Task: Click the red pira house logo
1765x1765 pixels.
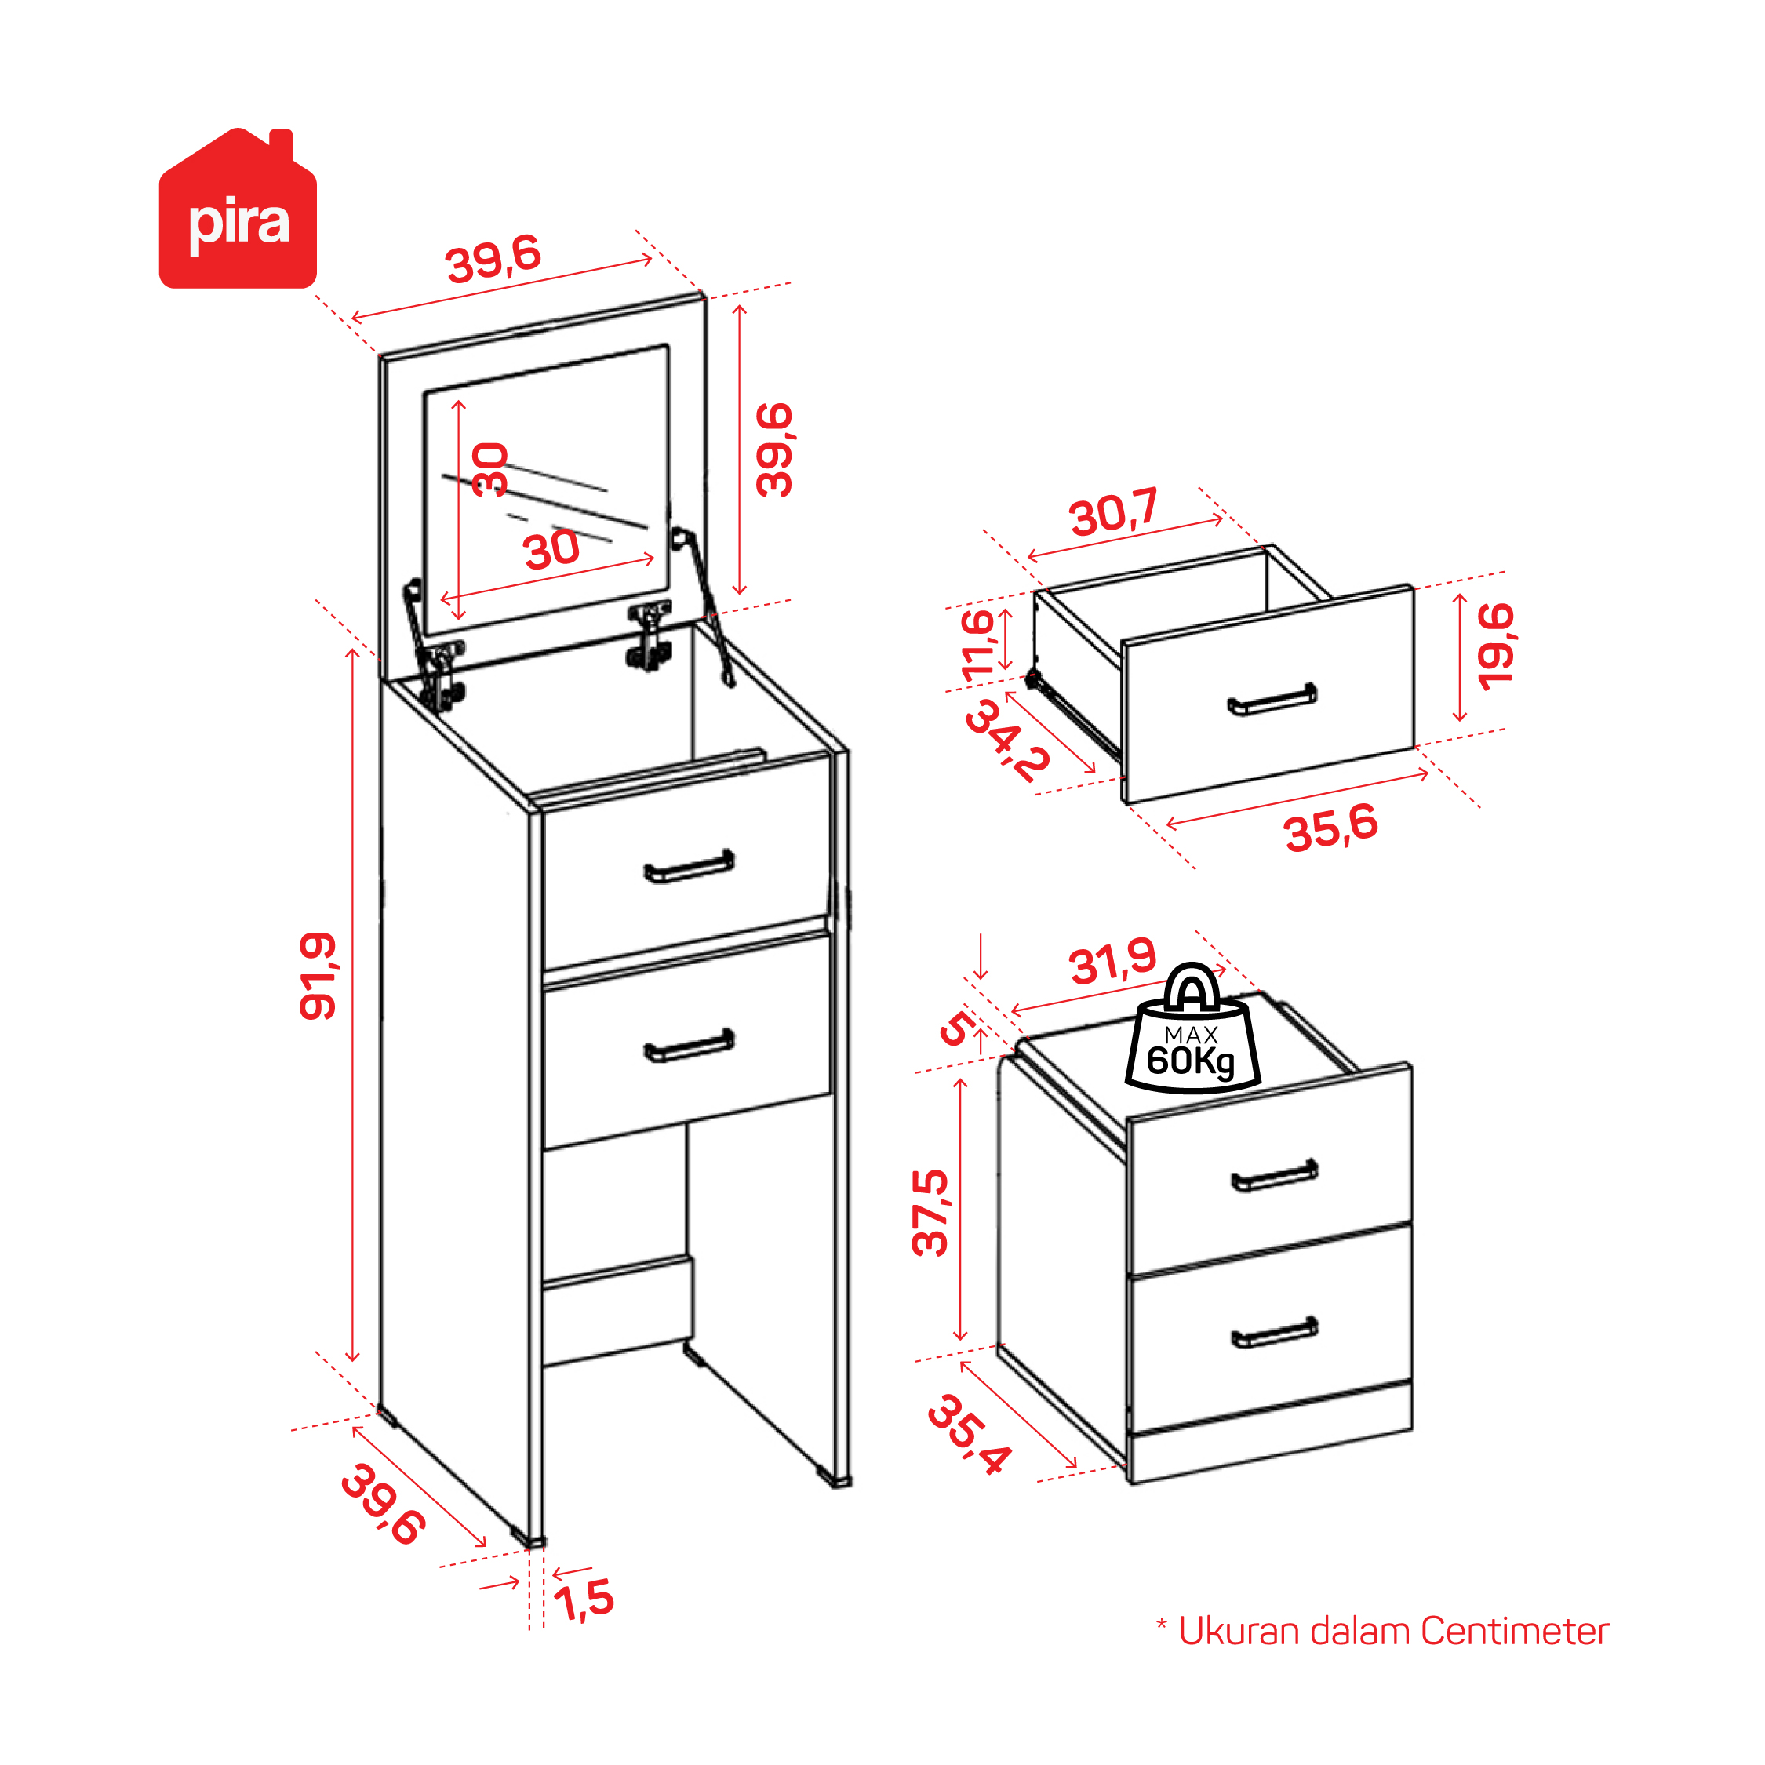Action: (x=238, y=209)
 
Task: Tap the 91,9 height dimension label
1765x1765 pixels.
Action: (x=318, y=976)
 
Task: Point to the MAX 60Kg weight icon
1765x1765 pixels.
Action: (x=1192, y=1028)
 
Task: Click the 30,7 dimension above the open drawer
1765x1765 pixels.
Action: (x=1114, y=511)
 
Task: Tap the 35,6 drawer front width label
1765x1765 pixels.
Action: (x=1331, y=828)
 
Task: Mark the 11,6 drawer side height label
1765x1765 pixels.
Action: (x=977, y=645)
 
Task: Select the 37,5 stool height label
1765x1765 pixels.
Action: (x=930, y=1212)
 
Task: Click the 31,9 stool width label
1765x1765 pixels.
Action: (x=1112, y=963)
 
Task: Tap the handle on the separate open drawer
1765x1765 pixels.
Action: (x=1272, y=700)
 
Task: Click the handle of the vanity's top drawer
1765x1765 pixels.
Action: (x=689, y=867)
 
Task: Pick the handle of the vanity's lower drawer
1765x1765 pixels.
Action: (x=689, y=1046)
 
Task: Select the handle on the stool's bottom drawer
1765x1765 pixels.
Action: (x=1275, y=1333)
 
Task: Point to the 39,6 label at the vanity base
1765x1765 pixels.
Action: (x=383, y=1505)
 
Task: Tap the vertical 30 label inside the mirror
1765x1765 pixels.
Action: (x=489, y=470)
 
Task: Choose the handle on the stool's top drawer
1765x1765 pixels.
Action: (x=1275, y=1177)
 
